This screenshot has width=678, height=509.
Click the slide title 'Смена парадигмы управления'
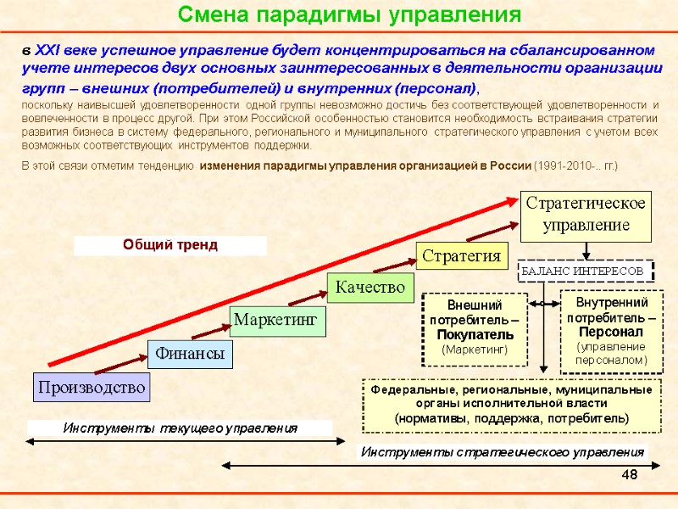[x=348, y=15]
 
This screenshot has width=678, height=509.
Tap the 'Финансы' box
[x=191, y=354]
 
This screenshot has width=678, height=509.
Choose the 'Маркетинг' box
[x=279, y=320]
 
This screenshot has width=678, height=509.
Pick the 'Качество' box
[x=370, y=287]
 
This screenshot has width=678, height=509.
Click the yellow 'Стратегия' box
[x=461, y=255]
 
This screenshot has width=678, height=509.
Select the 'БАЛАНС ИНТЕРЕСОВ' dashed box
[x=585, y=271]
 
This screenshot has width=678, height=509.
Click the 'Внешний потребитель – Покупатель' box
[x=475, y=327]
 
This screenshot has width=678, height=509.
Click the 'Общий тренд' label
[x=170, y=245]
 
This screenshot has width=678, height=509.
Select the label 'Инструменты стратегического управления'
[x=503, y=451]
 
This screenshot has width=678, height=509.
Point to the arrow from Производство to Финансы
[x=120, y=364]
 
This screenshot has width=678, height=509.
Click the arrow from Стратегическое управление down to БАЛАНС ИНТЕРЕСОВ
[x=586, y=250]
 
